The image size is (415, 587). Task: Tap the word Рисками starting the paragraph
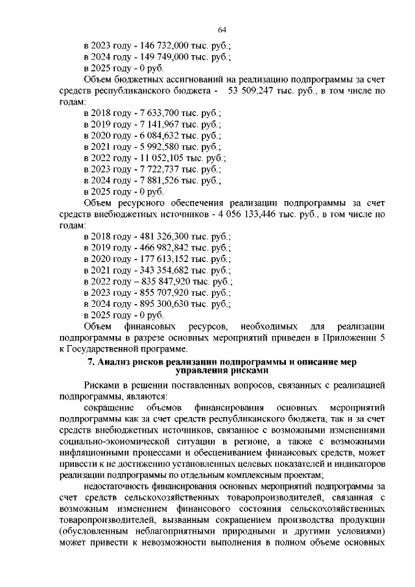point(102,385)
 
